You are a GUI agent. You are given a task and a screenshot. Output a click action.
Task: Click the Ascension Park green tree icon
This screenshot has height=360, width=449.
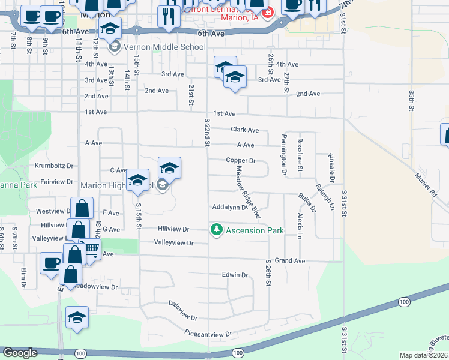[x=216, y=230]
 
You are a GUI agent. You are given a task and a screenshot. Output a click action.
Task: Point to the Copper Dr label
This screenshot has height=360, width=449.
[x=241, y=161]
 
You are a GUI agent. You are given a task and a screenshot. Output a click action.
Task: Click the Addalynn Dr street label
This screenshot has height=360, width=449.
[x=229, y=207]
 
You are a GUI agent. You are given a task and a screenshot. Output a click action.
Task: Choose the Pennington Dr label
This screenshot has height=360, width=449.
[x=283, y=155]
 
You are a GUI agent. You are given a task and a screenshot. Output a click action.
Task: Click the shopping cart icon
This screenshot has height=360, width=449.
[x=91, y=248]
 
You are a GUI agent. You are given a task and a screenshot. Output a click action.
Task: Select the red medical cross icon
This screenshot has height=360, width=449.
[x=267, y=11]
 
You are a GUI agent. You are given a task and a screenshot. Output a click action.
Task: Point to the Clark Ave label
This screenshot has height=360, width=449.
[x=244, y=130]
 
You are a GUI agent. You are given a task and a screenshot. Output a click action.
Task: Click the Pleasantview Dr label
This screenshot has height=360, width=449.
[x=208, y=333]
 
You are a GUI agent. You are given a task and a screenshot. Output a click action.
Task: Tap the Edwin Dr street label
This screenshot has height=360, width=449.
[x=235, y=275]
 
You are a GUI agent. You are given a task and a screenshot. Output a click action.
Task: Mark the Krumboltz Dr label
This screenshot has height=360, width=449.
[x=54, y=166]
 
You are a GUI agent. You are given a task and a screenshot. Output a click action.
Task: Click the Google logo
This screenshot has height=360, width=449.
[x=20, y=353]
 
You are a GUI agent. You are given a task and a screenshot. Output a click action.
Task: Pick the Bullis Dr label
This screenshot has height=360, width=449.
[x=307, y=203]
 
